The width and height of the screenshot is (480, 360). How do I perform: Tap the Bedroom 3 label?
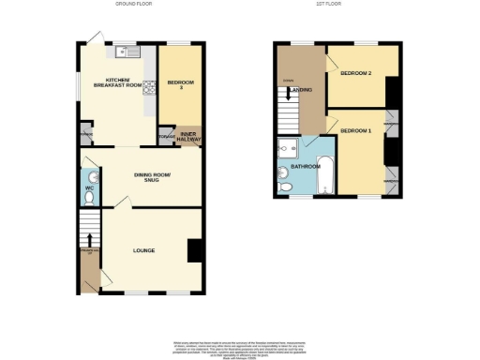tap(180, 85)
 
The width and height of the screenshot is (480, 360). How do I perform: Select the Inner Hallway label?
tap(189, 137)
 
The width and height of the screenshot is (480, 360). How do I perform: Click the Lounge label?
tap(143, 250)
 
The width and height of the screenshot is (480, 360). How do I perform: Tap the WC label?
tap(89, 189)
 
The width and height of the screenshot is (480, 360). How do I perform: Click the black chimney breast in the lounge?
tap(194, 250)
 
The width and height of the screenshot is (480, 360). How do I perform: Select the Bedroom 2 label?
tap(356, 73)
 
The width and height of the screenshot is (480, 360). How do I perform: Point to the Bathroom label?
tap(306, 167)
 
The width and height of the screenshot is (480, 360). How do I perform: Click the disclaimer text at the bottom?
tap(239, 345)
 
